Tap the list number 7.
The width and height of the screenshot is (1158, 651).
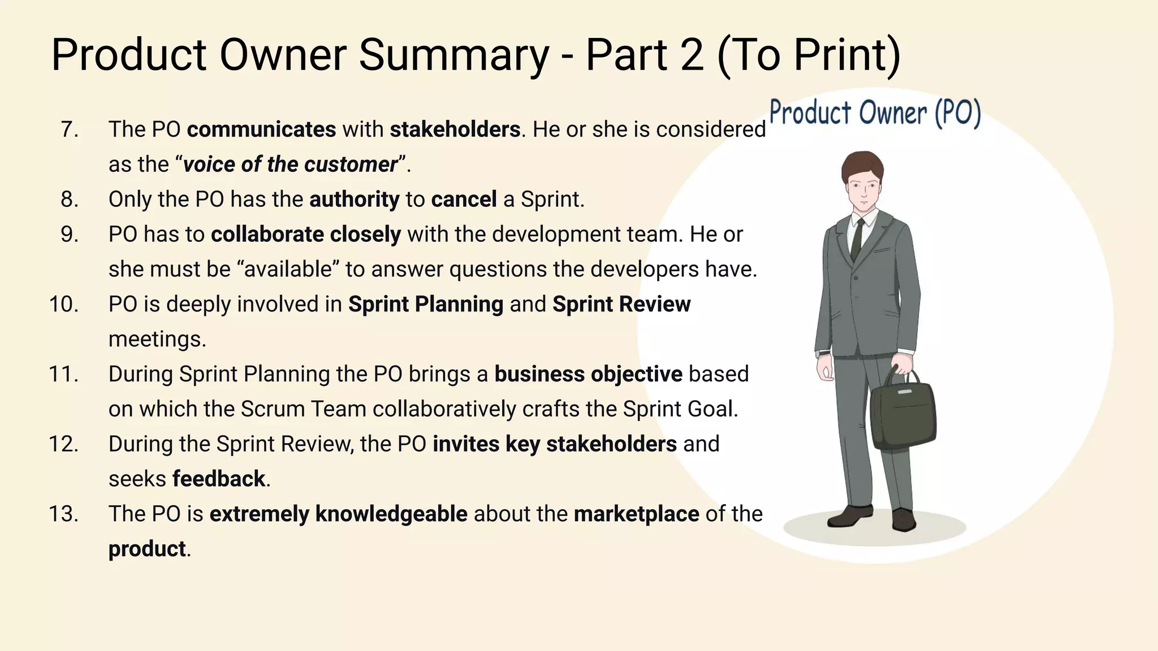[69, 129]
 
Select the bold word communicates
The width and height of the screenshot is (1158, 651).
[261, 129]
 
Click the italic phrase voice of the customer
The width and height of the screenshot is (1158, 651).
[290, 164]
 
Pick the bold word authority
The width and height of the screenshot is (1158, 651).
[354, 199]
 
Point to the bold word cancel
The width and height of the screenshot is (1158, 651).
[464, 199]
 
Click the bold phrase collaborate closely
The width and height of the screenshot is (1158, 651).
[305, 235]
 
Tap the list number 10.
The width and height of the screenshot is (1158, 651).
[63, 305]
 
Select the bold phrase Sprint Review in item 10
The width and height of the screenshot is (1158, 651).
[621, 305]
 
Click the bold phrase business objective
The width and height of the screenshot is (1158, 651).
[588, 374]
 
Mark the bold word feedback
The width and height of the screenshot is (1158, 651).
[218, 479]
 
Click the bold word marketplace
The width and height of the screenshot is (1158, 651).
[636, 514]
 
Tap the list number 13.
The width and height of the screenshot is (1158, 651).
[63, 514]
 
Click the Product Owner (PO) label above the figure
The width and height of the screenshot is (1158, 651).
[875, 112]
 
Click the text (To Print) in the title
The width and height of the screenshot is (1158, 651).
[809, 55]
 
